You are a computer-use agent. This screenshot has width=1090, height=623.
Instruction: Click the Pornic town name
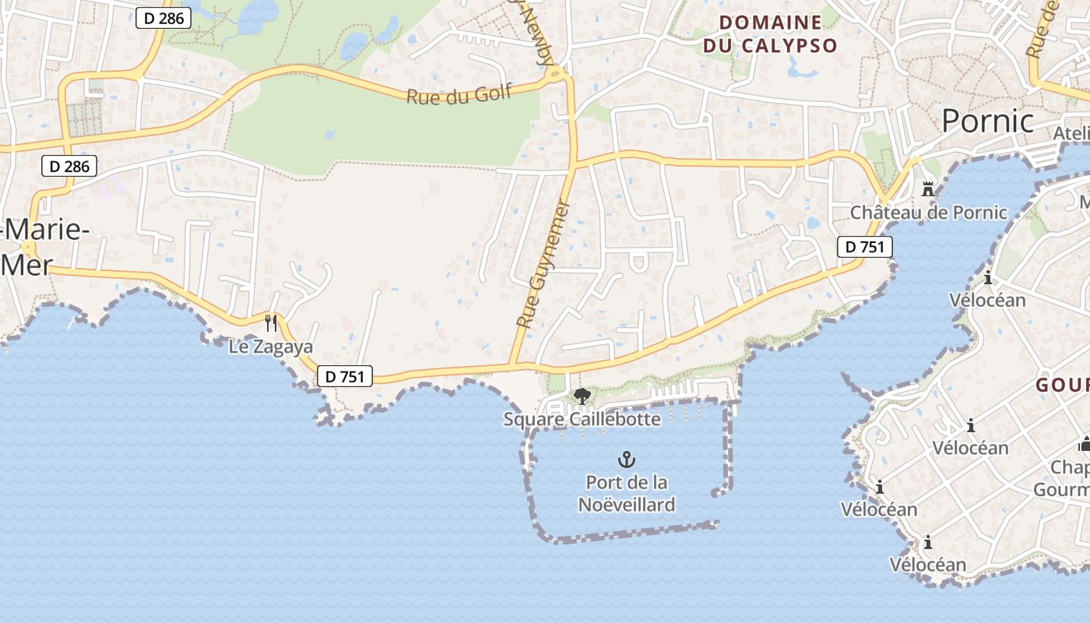(x=987, y=121)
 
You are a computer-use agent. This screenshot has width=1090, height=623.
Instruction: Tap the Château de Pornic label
(x=928, y=213)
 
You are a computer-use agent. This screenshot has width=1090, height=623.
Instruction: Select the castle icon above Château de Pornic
(x=927, y=188)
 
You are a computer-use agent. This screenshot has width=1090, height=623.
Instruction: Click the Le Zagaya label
(x=270, y=347)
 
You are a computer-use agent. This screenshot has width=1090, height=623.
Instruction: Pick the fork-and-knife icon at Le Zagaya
(x=271, y=322)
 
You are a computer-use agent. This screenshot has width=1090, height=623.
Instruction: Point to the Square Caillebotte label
(x=582, y=420)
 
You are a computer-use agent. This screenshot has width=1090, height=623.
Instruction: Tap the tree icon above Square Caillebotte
(x=582, y=396)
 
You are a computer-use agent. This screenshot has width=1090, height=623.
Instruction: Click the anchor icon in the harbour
(x=626, y=459)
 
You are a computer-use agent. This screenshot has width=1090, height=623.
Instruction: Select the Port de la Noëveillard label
(x=626, y=494)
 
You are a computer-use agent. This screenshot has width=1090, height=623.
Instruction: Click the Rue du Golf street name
(x=459, y=94)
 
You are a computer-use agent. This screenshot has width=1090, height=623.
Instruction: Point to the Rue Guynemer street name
(x=543, y=265)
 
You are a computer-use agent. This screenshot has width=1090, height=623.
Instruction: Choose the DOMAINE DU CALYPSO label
(x=769, y=34)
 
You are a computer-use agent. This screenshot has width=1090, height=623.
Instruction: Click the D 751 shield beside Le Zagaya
(x=345, y=377)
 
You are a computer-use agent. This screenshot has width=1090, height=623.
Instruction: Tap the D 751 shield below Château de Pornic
(x=864, y=247)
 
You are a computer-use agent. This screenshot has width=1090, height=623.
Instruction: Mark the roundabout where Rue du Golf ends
(x=556, y=75)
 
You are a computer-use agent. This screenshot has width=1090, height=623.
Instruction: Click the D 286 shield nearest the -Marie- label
(x=70, y=166)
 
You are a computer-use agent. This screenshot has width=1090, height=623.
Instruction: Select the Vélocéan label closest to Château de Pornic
(x=987, y=300)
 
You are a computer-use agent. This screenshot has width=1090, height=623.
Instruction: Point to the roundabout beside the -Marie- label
(x=29, y=248)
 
